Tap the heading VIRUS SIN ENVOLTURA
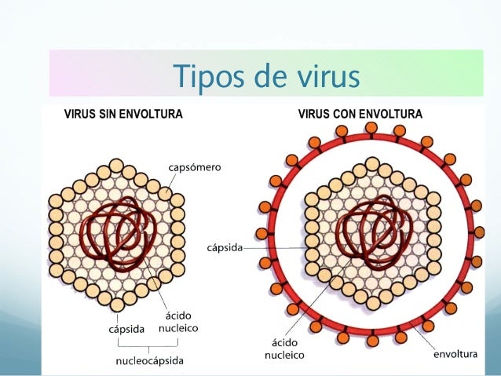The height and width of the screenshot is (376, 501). (x=123, y=114)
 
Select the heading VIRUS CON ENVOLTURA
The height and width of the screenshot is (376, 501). (x=360, y=114)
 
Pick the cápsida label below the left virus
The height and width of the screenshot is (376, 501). (x=126, y=329)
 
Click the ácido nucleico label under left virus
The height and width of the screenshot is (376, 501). (x=177, y=322)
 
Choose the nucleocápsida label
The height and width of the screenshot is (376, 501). (x=150, y=361)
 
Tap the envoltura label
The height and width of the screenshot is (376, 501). (x=455, y=355)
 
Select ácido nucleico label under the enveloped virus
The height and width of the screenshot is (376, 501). (x=283, y=349)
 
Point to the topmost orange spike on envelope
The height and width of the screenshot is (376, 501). (x=372, y=127)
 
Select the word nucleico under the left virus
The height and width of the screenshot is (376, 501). (x=177, y=329)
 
